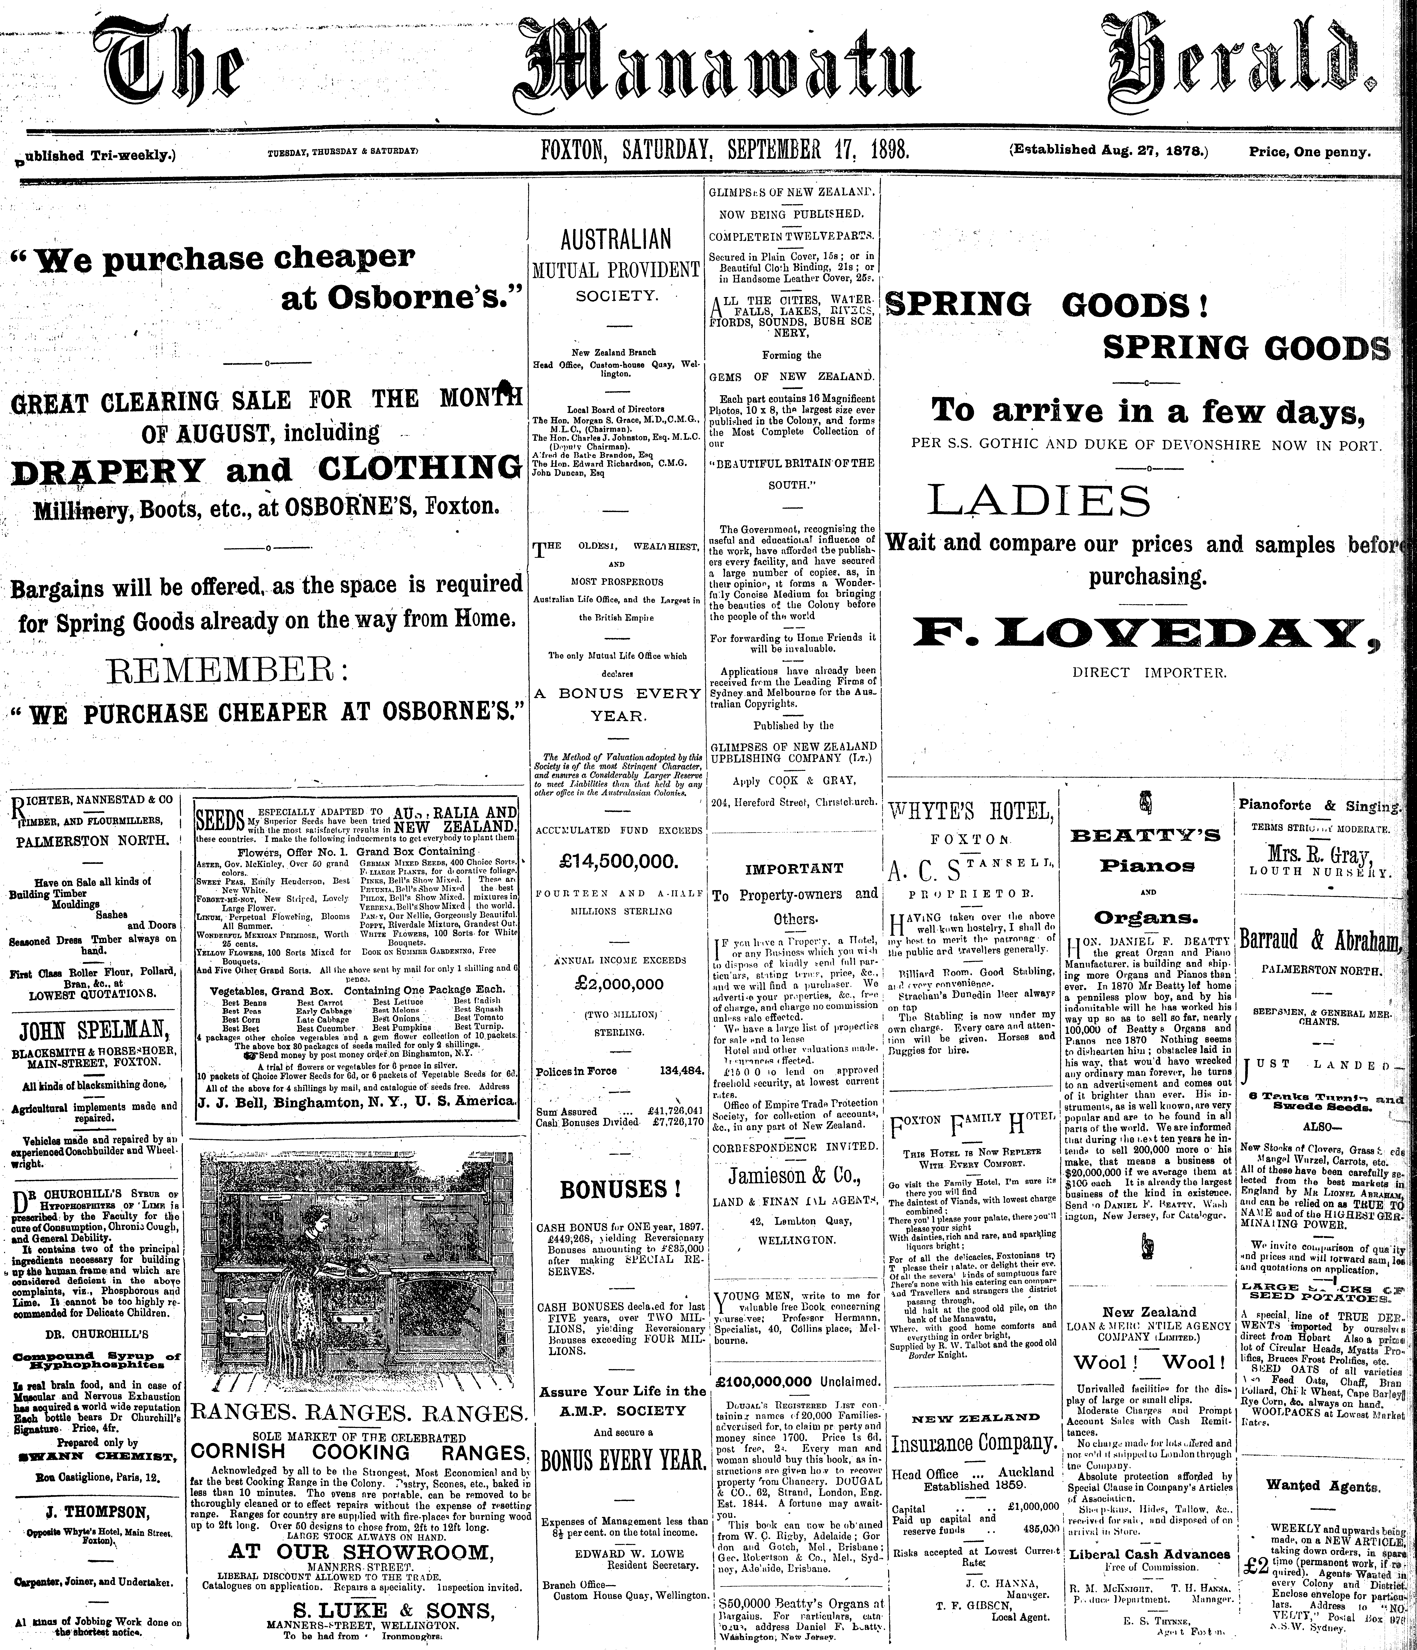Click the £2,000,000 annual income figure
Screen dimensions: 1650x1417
pos(618,984)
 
